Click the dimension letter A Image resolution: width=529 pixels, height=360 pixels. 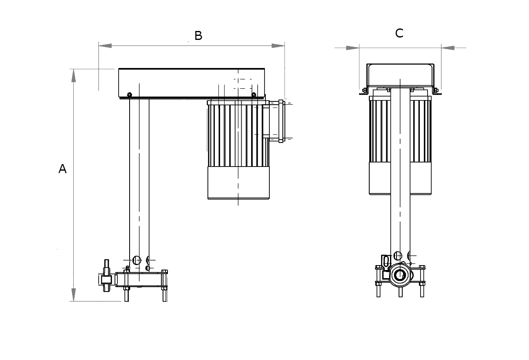tap(62, 169)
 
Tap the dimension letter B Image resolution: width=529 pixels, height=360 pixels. tap(198, 36)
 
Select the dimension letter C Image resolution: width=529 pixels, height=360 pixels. tap(399, 33)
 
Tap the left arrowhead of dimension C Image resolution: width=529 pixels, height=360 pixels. tap(353, 48)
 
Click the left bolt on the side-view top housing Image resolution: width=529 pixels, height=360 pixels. tap(130, 95)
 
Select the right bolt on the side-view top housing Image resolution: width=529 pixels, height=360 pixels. tap(254, 95)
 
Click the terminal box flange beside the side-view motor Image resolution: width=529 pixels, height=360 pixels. tap(281, 121)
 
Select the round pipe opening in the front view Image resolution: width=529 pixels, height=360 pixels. tap(399, 276)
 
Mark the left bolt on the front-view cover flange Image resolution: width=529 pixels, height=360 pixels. tap(364, 90)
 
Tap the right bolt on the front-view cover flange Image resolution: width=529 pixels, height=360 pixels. tap(435, 90)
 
